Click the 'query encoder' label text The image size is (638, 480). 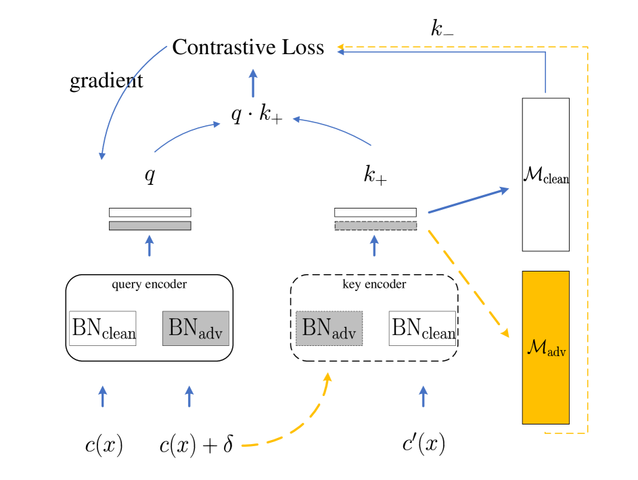149,284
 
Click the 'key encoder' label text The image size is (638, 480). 374,284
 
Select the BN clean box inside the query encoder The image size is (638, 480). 103,328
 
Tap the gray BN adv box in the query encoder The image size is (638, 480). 196,328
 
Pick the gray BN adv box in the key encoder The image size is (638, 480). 329,328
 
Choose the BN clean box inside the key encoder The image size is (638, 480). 423,328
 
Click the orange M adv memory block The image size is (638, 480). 545,347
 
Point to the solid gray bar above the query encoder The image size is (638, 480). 150,225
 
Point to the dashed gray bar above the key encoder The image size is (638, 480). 375,225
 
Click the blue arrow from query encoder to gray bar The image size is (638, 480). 150,246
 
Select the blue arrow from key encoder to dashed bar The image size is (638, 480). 375,246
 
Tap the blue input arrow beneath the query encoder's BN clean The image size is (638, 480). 103,397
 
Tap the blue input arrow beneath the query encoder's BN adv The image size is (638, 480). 189,397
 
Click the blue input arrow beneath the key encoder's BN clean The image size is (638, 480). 423,397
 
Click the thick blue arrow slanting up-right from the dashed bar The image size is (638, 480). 468,201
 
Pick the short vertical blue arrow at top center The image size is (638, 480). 253,83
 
